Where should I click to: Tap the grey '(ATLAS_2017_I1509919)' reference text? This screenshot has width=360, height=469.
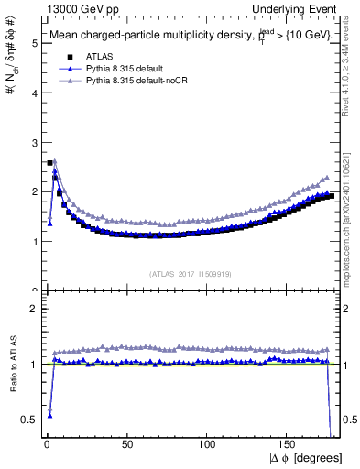tap(191, 272)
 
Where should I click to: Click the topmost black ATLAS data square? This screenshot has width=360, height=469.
tap(49, 163)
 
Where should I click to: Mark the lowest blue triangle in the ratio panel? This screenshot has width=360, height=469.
tap(49, 415)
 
